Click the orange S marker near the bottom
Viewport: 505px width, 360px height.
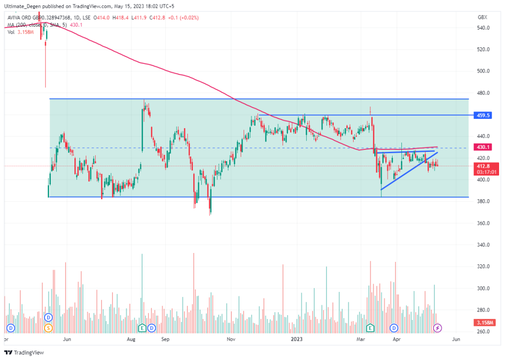pos(48,328)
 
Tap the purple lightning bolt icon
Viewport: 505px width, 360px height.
pos(437,328)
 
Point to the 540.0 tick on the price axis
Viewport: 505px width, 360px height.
pos(483,28)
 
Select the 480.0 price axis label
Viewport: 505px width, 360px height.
pos(483,93)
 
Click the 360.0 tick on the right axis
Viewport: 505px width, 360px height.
pos(483,223)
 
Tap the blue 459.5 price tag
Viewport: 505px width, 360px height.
pos(483,115)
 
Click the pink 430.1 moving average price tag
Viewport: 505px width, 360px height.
pos(483,147)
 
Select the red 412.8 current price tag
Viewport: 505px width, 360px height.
pos(483,166)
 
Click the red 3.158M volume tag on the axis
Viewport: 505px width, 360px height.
pos(483,322)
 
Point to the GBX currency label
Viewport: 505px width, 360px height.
pos(482,17)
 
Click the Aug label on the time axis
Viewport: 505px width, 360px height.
pos(131,339)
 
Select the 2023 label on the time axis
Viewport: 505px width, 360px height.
pos(296,339)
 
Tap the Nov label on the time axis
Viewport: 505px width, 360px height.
pos(230,339)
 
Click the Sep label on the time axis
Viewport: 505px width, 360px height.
pos(165,339)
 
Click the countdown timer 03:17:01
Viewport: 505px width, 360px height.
pos(483,172)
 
